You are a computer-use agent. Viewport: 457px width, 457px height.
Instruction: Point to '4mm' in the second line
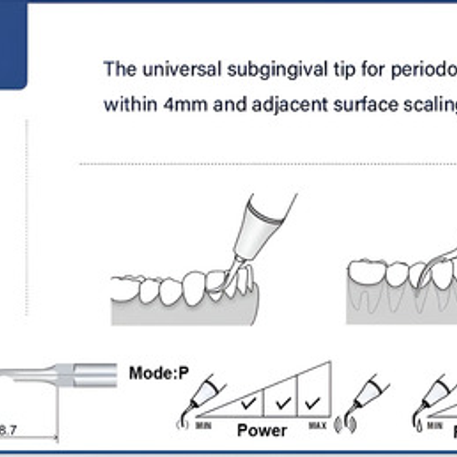click(177, 104)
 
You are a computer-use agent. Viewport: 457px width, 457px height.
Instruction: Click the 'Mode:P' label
click(159, 373)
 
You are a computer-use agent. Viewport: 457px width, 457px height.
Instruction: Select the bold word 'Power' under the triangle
click(262, 430)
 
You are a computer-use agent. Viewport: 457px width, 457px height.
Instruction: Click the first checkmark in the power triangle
click(248, 402)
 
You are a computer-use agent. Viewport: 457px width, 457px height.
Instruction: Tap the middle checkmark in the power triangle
click(282, 402)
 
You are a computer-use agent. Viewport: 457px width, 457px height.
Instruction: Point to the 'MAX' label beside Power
click(317, 425)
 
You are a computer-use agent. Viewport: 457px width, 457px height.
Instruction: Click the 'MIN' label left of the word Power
click(202, 425)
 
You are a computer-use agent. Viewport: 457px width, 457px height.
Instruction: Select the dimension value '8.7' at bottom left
click(8, 430)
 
